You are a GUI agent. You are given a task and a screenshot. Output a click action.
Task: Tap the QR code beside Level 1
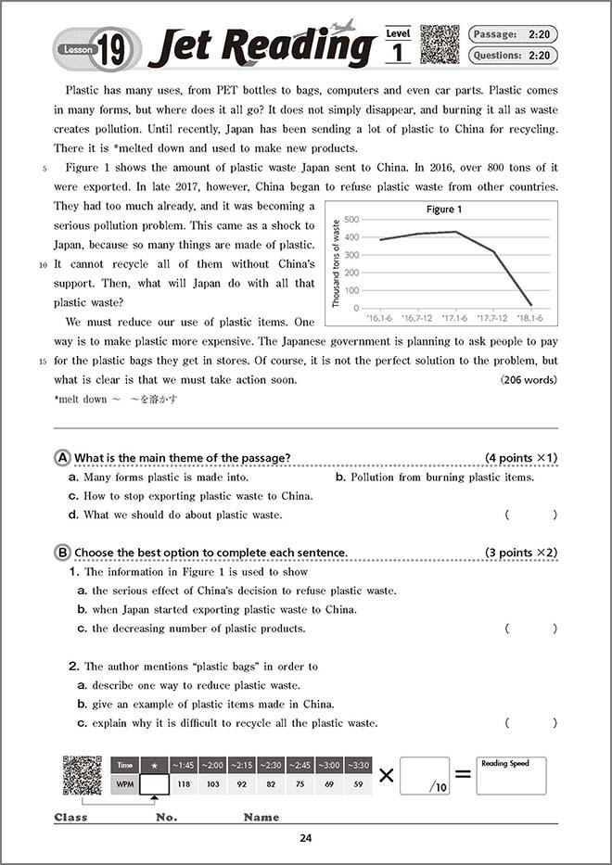440,45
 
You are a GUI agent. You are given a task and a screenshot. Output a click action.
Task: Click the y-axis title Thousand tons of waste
337,263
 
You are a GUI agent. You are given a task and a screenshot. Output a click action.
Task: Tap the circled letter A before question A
63,458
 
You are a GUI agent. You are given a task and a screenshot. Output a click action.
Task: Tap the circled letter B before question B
63,553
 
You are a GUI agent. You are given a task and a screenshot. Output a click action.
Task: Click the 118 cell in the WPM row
183,784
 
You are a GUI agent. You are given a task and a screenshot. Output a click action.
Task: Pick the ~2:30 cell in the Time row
271,766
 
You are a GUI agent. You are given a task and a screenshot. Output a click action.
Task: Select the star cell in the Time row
154,766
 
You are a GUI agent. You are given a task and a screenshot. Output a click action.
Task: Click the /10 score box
425,777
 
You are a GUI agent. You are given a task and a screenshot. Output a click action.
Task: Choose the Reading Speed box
511,776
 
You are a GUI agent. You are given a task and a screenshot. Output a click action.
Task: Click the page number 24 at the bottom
306,839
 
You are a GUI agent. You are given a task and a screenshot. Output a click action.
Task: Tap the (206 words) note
529,380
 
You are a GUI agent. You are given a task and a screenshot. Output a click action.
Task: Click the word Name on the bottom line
261,818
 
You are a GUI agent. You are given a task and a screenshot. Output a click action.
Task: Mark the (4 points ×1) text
521,458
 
